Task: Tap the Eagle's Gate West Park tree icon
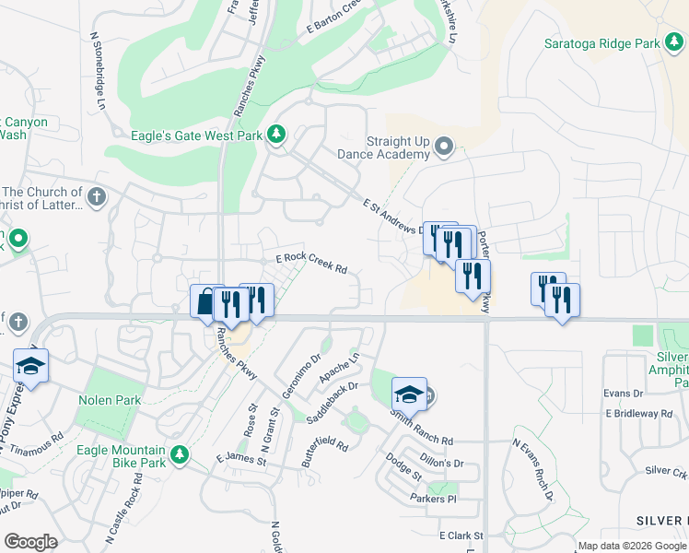(x=275, y=135)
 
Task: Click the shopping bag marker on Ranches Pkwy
(x=204, y=301)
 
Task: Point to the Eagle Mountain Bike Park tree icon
(x=181, y=454)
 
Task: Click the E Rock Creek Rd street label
(x=311, y=264)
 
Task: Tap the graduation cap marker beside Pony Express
(x=30, y=366)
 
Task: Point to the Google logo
(x=30, y=541)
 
